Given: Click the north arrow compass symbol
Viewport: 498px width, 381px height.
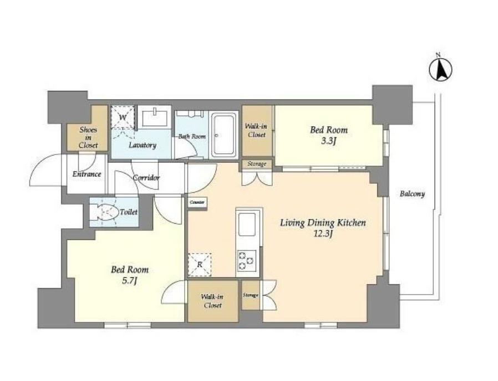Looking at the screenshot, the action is [440, 69].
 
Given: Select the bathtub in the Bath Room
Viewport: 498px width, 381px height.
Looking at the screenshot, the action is [225, 135].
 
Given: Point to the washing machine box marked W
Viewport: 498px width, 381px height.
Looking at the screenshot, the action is [123, 117].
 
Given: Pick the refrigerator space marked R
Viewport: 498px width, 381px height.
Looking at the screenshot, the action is [200, 265].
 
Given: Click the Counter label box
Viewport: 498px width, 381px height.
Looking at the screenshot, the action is [197, 202].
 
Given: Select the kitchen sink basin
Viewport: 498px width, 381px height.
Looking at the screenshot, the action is [247, 224].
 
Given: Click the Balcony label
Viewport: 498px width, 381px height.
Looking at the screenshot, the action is [412, 194].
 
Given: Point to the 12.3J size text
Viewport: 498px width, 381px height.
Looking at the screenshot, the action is [323, 234].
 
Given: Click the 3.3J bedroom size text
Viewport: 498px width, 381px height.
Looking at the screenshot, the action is [329, 141].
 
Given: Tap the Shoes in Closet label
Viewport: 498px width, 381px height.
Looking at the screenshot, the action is [88, 137].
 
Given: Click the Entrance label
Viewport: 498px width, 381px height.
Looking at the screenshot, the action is [87, 174].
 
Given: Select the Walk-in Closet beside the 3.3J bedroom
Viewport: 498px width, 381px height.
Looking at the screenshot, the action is [257, 131].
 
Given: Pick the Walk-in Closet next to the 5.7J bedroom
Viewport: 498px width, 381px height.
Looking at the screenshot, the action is [213, 301].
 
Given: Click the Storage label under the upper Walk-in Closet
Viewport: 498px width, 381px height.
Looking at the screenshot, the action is [257, 164].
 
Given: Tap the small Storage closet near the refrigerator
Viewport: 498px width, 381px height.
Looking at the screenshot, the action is [251, 295].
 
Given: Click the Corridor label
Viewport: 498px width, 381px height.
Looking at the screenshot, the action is [146, 178].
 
